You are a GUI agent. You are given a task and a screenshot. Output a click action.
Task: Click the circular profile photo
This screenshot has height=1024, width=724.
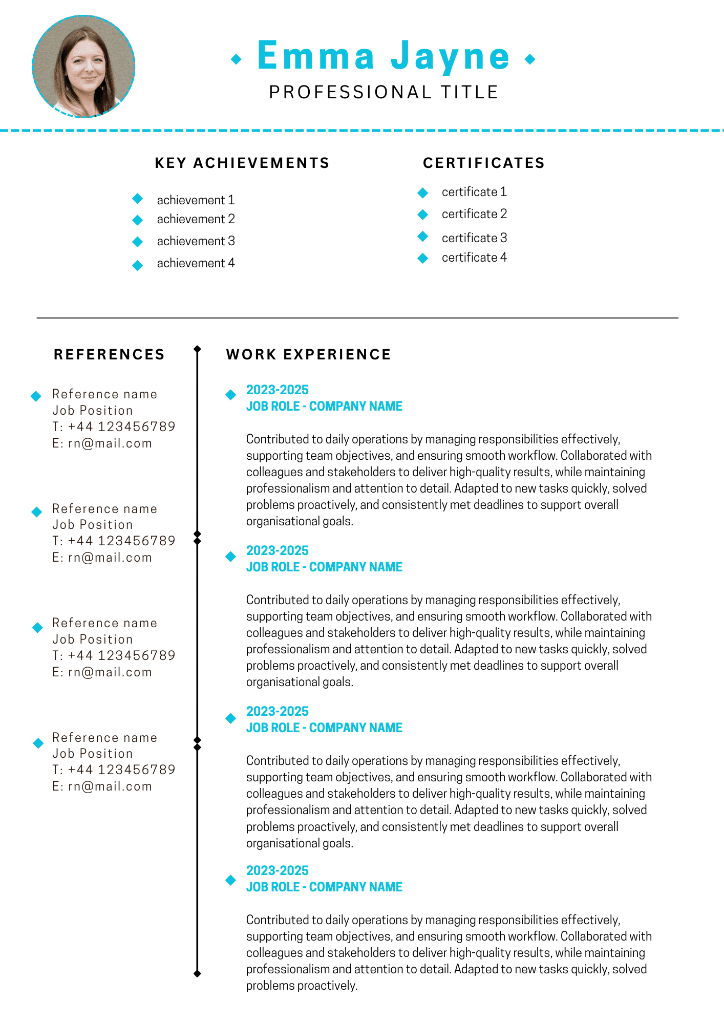[x=83, y=66]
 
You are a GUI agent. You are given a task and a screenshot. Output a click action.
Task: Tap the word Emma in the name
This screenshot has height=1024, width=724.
[x=316, y=56]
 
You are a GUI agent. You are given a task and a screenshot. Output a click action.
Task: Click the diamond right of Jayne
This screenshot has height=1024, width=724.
[x=530, y=59]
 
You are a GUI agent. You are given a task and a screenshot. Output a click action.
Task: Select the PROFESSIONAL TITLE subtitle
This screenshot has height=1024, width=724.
[x=384, y=92]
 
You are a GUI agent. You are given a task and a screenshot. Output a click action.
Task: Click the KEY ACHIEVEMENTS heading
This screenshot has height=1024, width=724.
[x=242, y=163]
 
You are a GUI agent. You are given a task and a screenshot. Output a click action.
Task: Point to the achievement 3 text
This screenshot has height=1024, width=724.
[x=196, y=241]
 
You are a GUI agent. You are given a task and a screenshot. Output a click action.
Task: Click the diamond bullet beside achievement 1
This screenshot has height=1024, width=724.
[x=137, y=198]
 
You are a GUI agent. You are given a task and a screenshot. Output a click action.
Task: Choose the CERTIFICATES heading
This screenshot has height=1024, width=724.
[x=483, y=163]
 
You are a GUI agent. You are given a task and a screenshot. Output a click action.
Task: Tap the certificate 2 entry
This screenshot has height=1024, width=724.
[x=474, y=214]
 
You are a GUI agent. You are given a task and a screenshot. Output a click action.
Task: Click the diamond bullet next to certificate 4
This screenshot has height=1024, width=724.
[x=423, y=258]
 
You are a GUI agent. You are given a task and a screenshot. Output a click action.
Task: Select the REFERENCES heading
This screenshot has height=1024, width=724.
[x=109, y=354]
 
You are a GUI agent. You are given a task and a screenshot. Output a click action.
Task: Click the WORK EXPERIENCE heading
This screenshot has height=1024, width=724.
[x=309, y=354]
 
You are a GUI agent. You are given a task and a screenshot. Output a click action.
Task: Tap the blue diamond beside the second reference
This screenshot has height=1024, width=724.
[x=37, y=511]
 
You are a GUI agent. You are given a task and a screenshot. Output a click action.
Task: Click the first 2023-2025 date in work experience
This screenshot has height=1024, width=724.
[x=278, y=390]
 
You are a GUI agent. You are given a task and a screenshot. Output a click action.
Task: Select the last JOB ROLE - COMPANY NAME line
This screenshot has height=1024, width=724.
[x=324, y=887]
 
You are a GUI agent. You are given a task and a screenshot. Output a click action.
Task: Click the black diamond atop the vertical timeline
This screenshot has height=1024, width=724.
[x=197, y=349]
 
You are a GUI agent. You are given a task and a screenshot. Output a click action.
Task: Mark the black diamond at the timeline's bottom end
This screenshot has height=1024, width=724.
[x=197, y=973]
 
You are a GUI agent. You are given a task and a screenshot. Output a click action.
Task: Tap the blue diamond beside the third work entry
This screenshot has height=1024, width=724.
[x=231, y=718]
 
